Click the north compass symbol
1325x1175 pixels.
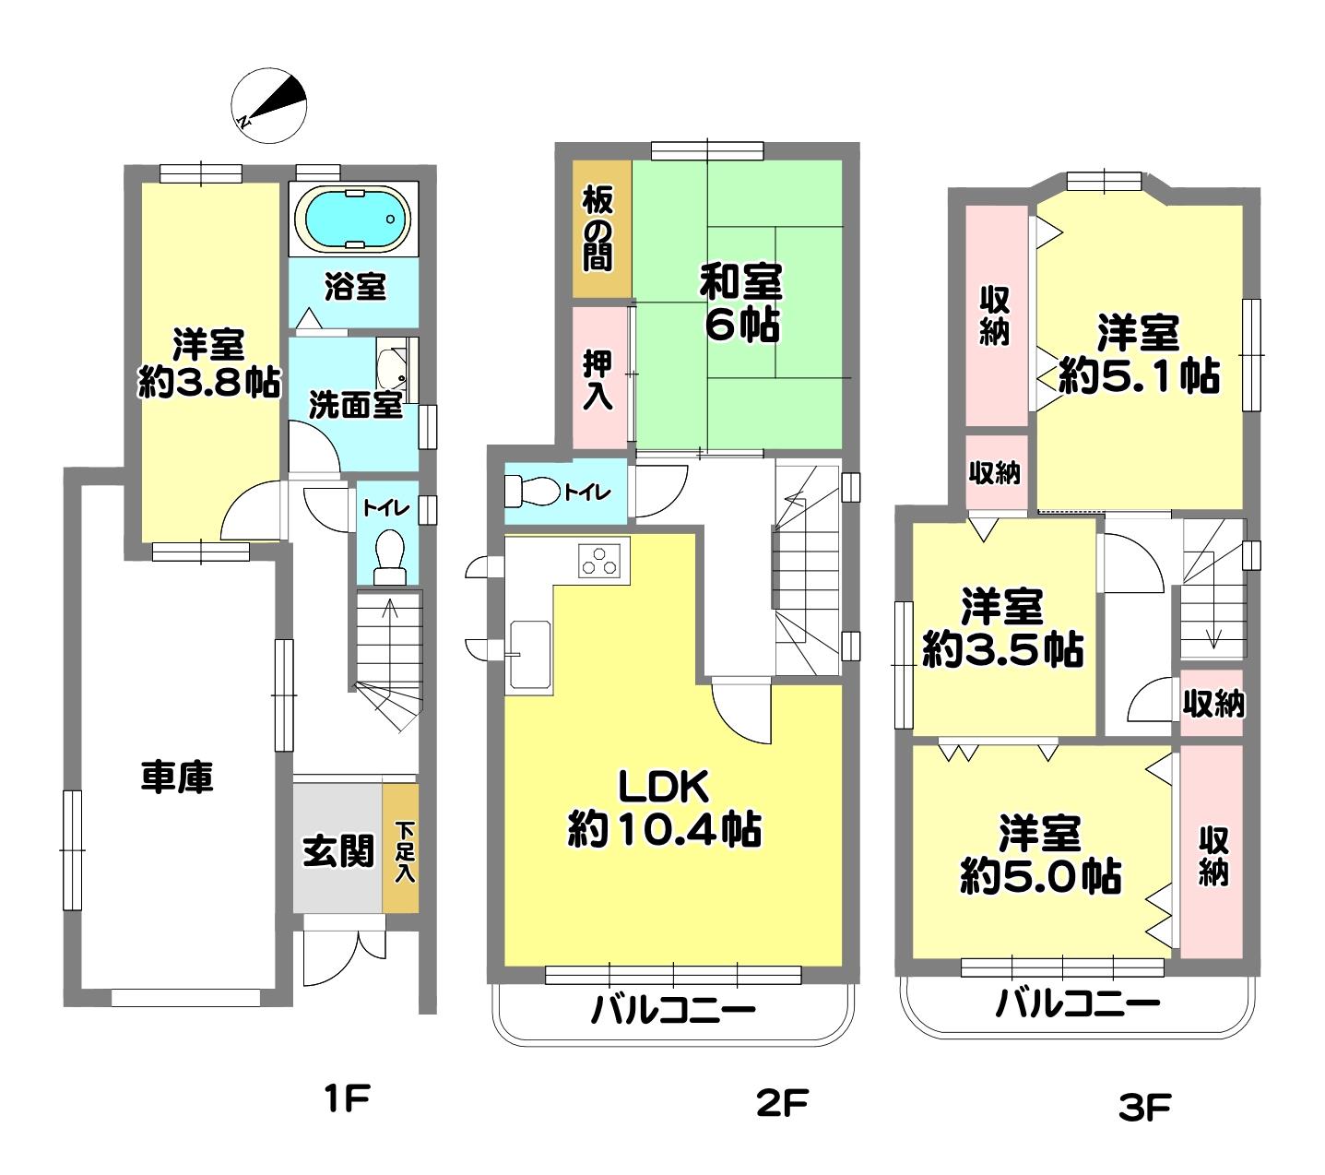(x=269, y=104)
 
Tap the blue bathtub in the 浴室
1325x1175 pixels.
(x=353, y=220)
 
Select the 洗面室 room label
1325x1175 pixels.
(x=355, y=405)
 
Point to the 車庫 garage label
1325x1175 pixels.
(x=177, y=777)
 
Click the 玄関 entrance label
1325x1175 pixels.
(x=338, y=850)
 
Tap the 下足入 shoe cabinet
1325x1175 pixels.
(x=400, y=848)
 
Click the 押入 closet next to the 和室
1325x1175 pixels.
(x=599, y=378)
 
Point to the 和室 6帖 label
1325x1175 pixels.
(x=741, y=303)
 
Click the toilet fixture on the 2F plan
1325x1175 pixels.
(x=533, y=490)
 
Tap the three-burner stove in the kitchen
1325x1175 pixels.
(x=599, y=562)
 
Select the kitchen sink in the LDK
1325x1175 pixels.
(x=530, y=654)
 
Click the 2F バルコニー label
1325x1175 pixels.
(x=673, y=1010)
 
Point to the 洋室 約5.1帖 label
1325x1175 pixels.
(x=1138, y=354)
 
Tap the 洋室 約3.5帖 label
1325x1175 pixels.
(x=1002, y=628)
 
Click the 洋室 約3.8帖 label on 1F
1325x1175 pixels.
(x=208, y=364)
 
